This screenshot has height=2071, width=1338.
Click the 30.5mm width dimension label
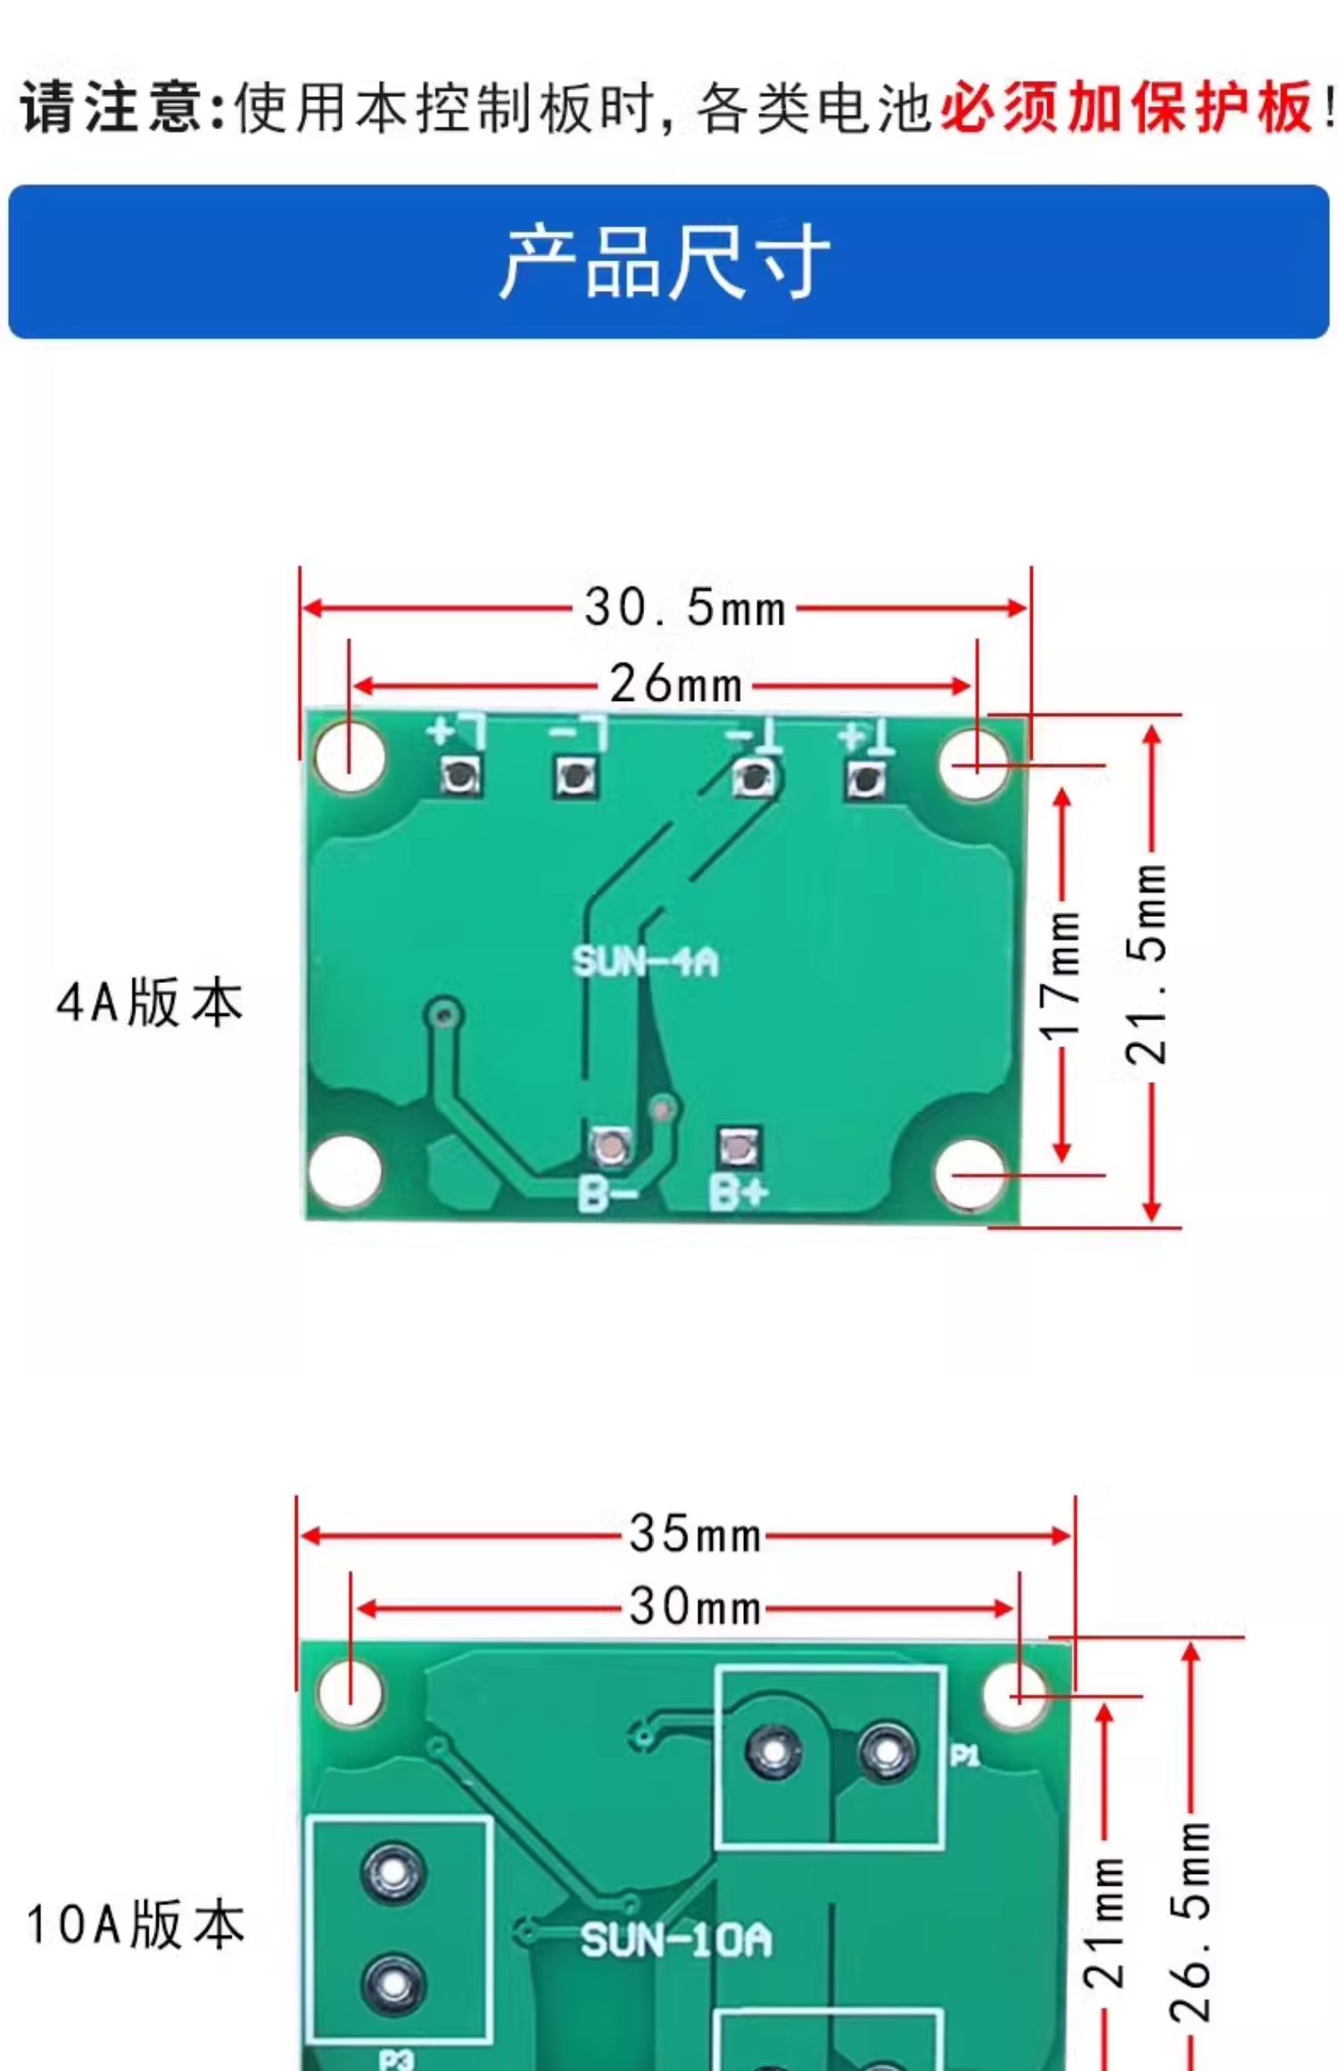[685, 608]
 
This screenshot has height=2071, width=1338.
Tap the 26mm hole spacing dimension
[676, 685]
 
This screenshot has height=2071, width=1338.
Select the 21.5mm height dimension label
[1148, 963]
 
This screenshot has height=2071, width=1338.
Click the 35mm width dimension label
[695, 1534]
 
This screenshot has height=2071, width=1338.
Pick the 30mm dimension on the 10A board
[695, 1607]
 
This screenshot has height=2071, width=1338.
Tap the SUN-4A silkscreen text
[645, 961]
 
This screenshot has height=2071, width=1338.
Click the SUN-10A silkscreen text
[676, 1941]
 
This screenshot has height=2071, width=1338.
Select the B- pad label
[607, 1193]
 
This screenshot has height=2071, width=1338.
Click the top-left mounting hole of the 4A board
[350, 757]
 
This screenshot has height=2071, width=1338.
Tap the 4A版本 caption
[149, 1002]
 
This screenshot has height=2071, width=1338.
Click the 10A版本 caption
[136, 1924]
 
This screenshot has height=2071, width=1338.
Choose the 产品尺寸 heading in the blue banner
[665, 262]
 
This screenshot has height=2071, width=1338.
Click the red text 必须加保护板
[1126, 108]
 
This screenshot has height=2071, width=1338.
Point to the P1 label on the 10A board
[964, 1755]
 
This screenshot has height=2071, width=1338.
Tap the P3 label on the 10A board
[395, 2059]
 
